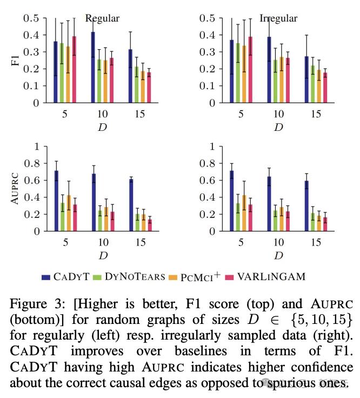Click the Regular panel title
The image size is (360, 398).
pos(102,19)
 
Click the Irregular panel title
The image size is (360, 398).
pos(278,19)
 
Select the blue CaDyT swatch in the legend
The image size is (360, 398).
pos(46,277)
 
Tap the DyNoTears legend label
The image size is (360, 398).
pos(135,277)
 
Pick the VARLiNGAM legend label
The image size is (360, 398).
pos(271,277)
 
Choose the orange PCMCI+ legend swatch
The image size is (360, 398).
pos(173,277)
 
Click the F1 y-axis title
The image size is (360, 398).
pos(16,61)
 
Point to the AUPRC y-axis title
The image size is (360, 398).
pos(15,188)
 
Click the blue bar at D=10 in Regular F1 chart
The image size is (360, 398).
pos(93,67)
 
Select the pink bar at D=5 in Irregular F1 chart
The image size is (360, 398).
pos(250,70)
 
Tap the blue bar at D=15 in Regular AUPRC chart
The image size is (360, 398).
pos(131,205)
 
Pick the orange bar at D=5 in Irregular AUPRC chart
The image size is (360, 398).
pos(244,213)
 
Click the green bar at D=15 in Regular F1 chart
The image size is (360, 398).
pos(137,85)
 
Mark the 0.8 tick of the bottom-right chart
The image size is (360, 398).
pos(209,163)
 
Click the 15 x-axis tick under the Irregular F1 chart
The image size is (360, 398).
pos(316,114)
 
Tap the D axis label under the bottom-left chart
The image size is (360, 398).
pos(103,255)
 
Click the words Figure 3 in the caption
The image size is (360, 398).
pos(37,304)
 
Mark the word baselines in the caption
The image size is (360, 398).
pos(201,351)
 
